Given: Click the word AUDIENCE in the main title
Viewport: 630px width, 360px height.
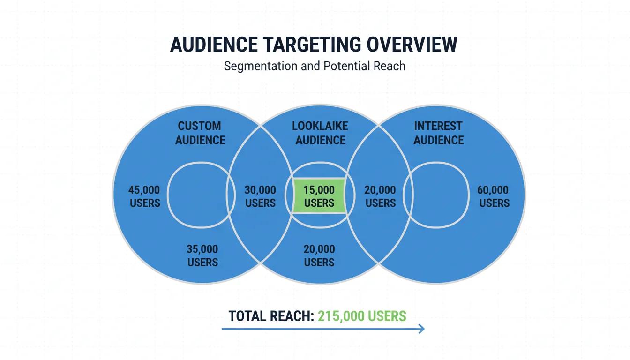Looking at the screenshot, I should (x=213, y=45).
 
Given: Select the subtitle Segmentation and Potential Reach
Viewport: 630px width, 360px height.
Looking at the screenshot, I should (x=315, y=66).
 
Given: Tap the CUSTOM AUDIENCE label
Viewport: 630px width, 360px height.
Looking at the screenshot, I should (x=200, y=133).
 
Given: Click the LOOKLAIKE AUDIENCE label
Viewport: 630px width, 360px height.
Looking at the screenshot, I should (x=320, y=133).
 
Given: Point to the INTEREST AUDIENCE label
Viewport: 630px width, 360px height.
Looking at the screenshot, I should (x=438, y=133).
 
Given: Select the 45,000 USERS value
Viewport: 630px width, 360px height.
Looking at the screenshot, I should (x=144, y=196).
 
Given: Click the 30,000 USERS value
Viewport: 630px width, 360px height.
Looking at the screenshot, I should (x=260, y=196).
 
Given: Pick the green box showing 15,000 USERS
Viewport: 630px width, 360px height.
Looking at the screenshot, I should (x=319, y=196).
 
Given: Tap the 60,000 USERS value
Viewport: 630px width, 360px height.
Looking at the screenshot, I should (x=494, y=196).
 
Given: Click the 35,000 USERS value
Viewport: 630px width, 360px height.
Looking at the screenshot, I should (x=202, y=255).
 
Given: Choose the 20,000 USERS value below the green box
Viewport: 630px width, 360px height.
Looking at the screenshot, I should (x=319, y=255).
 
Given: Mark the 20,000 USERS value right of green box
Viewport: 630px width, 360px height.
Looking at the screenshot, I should (x=380, y=196).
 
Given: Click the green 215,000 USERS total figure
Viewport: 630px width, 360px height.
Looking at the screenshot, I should (x=362, y=316).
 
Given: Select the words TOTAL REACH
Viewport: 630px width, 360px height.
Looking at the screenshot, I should (x=271, y=316).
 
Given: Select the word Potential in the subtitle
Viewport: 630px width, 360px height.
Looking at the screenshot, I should (x=346, y=66).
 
